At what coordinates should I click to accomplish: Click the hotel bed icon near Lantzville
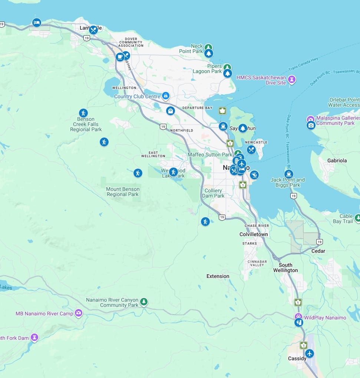pyautogui.click(x=36, y=23)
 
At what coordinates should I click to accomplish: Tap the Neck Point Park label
pyautogui.click(x=191, y=49)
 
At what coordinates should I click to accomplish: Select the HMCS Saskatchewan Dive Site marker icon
pyautogui.click(x=292, y=79)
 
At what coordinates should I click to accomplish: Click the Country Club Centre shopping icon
pyautogui.click(x=166, y=96)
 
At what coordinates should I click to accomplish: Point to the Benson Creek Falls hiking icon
pyautogui.click(x=83, y=113)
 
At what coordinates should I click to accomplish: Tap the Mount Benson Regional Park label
pyautogui.click(x=122, y=192)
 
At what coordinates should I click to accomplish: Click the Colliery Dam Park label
pyautogui.click(x=214, y=193)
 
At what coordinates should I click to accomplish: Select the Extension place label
pyautogui.click(x=218, y=276)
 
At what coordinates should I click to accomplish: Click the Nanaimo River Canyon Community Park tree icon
pyautogui.click(x=144, y=302)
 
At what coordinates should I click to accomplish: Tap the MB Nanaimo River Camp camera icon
pyautogui.click(x=79, y=314)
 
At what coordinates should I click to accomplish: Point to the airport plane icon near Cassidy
pyautogui.click(x=309, y=353)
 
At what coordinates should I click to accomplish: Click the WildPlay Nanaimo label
pyautogui.click(x=325, y=318)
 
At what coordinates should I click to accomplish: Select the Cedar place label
pyautogui.click(x=318, y=251)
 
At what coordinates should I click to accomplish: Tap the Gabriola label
pyautogui.click(x=337, y=160)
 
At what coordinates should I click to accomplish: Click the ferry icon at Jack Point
pyautogui.click(x=288, y=174)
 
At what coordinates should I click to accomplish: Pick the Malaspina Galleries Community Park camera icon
pyautogui.click(x=311, y=125)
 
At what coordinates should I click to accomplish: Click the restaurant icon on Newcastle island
pyautogui.click(x=251, y=150)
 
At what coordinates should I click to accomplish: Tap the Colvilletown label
pyautogui.click(x=254, y=234)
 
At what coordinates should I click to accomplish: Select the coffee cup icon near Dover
pyautogui.click(x=120, y=57)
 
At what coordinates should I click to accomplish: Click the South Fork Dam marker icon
pyautogui.click(x=34, y=337)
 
